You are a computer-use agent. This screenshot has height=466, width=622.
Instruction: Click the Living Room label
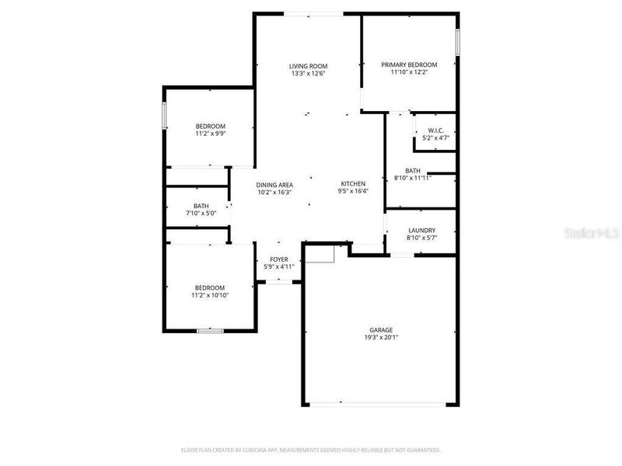coord(308,66)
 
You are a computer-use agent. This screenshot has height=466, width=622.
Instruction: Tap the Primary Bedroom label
coord(409,64)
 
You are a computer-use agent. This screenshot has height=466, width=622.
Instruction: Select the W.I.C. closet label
coord(435,130)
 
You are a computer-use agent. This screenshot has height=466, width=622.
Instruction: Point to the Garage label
coord(381,329)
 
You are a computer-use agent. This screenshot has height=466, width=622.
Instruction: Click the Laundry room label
coord(421,230)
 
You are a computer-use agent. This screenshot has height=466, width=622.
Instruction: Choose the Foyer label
coord(279,259)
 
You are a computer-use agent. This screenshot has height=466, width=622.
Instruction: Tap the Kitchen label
coord(353,183)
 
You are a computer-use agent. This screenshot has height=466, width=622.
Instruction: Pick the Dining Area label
coord(275,184)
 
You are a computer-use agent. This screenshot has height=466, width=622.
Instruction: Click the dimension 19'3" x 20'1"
coord(381,337)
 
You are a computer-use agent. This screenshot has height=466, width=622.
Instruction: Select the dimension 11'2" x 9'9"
coord(210,134)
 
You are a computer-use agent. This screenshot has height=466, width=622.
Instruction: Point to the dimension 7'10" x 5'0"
coord(201,213)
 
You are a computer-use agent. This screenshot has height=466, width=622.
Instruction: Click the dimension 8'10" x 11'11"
coord(413,178)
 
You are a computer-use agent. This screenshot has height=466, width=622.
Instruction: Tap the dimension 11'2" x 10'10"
coord(211,294)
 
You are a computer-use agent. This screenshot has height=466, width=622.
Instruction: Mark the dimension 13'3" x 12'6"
coord(308,74)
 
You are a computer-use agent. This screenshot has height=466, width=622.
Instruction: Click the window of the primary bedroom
coord(458,42)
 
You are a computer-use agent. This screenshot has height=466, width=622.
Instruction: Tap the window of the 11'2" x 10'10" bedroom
coord(210,331)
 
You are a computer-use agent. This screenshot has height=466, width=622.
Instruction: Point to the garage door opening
coord(381,403)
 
